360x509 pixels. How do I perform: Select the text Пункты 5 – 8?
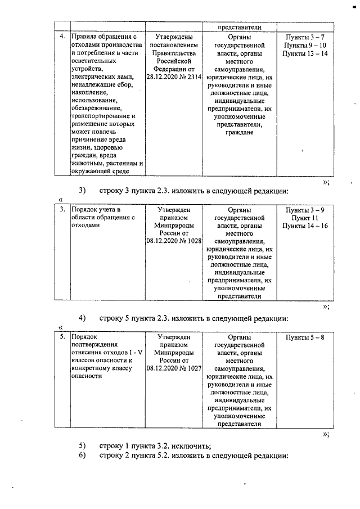click(305, 337)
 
